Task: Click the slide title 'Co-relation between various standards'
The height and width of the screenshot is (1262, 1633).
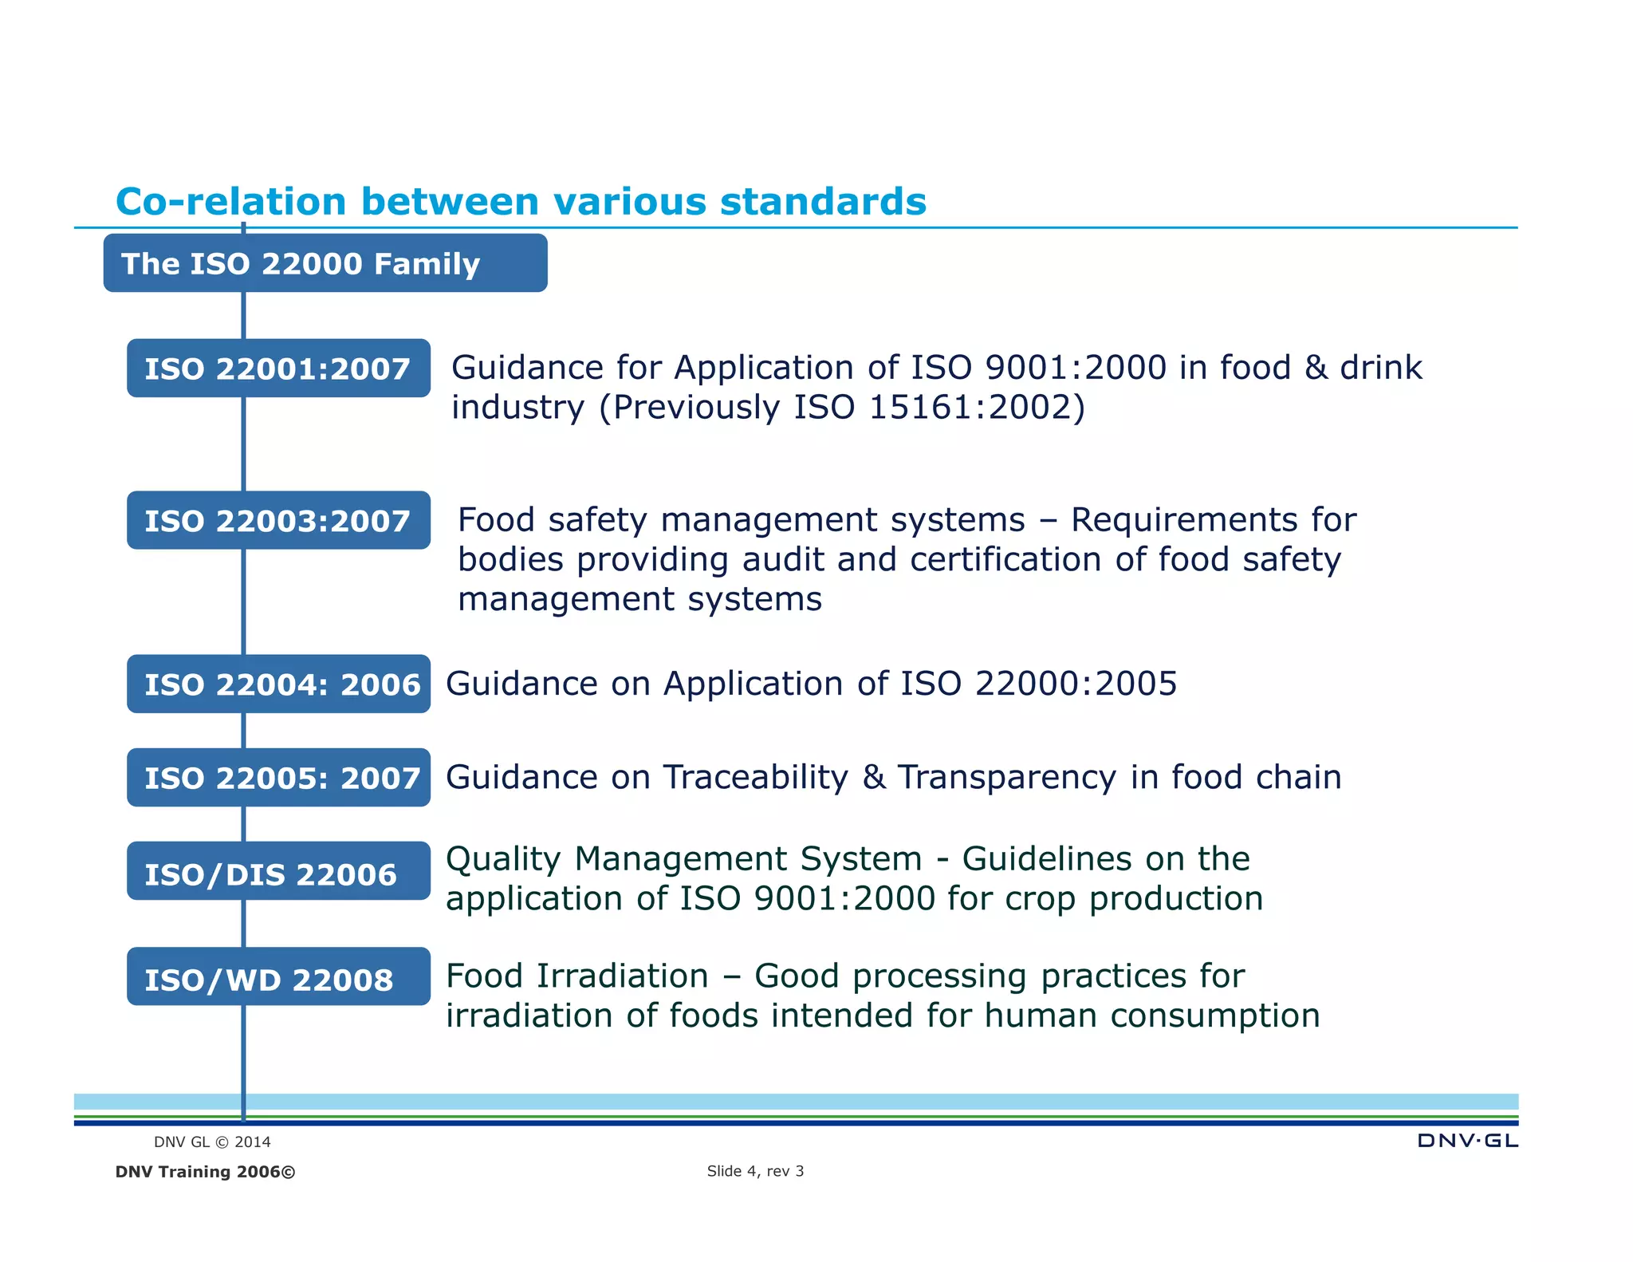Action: [521, 201]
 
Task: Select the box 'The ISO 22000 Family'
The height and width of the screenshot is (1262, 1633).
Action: [325, 263]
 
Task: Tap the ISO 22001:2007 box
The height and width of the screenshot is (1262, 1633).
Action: [278, 369]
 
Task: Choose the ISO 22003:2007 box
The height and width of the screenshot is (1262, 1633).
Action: [278, 521]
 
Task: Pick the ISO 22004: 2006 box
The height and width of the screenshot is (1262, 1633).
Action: [278, 684]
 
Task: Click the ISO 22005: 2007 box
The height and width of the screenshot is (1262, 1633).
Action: [278, 778]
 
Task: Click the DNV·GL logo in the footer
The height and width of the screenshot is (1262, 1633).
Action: [1467, 1141]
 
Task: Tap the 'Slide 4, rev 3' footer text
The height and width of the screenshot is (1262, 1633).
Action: [755, 1171]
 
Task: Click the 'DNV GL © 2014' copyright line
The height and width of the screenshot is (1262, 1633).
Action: [212, 1142]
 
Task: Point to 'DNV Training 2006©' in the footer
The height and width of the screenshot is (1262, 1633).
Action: [205, 1172]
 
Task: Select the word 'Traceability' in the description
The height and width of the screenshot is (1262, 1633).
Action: [756, 778]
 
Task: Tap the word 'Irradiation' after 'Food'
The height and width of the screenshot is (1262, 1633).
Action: [622, 976]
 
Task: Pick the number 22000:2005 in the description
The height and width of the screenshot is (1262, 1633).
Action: [1076, 684]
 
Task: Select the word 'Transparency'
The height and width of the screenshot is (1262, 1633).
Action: [1007, 778]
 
